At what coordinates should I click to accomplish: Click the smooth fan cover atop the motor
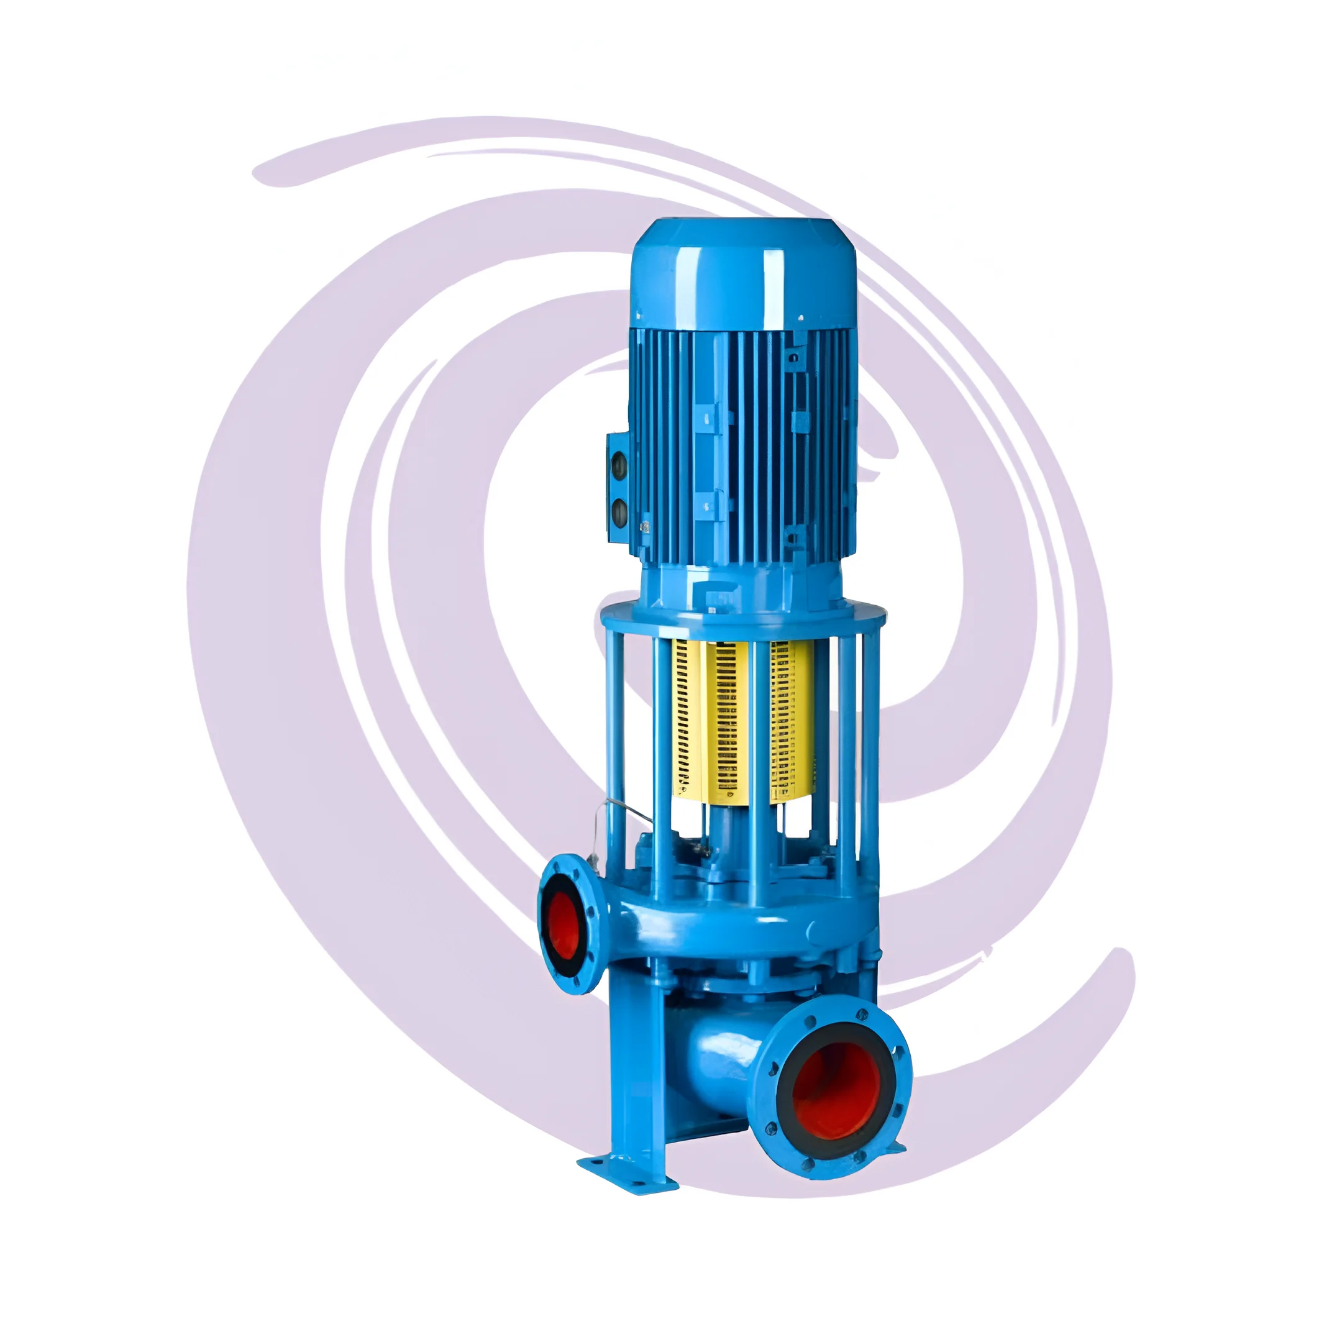point(742,275)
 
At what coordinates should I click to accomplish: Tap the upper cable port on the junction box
point(618,463)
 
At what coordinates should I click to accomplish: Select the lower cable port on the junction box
point(618,513)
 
